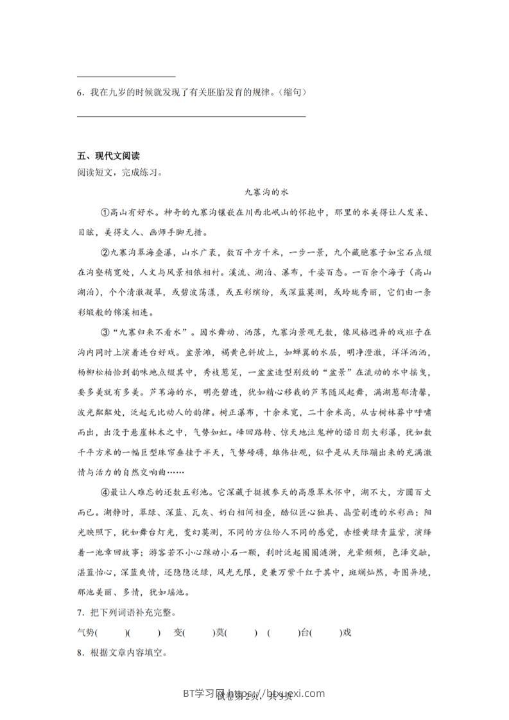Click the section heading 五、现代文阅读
pos(108,156)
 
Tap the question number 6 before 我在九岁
pos(79,92)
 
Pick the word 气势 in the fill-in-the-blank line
pos(85,633)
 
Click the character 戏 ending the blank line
pos(348,633)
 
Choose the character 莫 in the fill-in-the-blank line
pos(220,633)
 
